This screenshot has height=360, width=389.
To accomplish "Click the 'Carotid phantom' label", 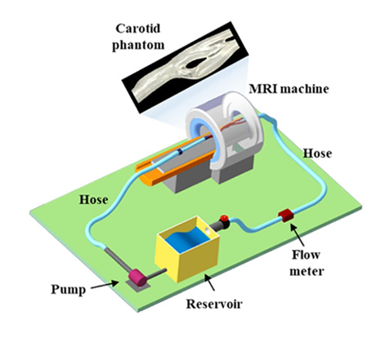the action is [x=138, y=37].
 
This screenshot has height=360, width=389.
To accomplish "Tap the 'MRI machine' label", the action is [x=288, y=89].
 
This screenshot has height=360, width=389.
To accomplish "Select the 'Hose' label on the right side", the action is [x=318, y=153].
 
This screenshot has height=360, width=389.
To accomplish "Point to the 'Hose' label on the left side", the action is [x=94, y=200].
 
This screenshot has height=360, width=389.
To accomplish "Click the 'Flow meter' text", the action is [x=306, y=263].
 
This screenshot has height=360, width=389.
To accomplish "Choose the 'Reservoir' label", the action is [x=214, y=304].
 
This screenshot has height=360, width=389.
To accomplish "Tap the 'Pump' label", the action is [x=69, y=290].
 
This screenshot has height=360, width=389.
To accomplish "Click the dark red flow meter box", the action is [x=286, y=216].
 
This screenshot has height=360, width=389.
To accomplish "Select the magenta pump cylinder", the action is [x=138, y=278].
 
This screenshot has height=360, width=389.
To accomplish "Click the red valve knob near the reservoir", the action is [x=224, y=218].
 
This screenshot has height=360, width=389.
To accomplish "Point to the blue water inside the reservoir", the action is [x=187, y=239].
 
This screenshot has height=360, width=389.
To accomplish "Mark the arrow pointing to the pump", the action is [x=105, y=285].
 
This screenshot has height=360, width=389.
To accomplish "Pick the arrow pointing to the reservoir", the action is [x=210, y=282].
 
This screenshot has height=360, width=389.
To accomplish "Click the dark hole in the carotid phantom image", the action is [x=196, y=63].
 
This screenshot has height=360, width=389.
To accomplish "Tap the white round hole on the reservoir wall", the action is [x=208, y=231].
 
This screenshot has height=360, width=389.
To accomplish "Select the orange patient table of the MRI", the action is [x=174, y=163].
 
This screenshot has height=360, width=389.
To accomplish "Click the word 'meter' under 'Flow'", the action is [x=306, y=271].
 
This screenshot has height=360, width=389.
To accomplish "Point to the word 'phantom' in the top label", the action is [x=138, y=45].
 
